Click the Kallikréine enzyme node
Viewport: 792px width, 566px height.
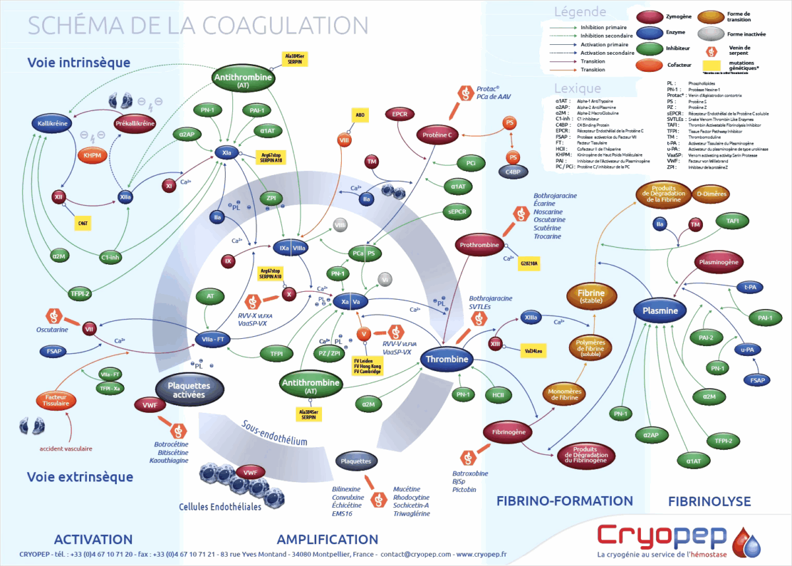coord(55,124)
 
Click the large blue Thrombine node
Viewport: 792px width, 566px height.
coord(447,359)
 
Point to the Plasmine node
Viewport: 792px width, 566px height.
coord(661,310)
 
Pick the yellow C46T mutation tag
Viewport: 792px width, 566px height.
coord(83,223)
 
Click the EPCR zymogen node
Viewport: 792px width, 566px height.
coord(399,114)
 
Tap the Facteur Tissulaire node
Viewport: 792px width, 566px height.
coord(56,400)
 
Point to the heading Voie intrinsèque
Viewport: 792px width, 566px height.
coord(79,63)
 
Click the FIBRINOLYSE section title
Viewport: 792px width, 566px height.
coord(709,501)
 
